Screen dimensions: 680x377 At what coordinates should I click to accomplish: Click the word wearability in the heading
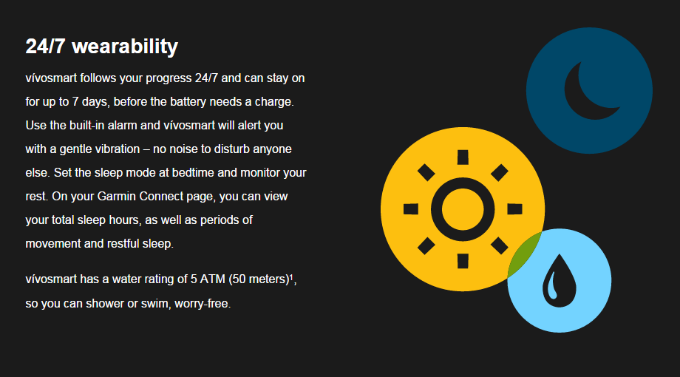tap(125, 47)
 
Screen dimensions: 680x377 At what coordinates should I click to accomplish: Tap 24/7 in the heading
tap(45, 46)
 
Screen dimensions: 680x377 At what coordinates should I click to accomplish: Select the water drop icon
tap(559, 281)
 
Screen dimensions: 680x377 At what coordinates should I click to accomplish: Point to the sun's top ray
tap(463, 157)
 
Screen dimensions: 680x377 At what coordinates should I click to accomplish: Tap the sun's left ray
tap(411, 209)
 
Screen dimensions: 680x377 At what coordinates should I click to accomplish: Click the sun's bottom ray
tap(463, 261)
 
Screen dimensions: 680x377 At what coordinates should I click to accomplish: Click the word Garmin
tap(116, 197)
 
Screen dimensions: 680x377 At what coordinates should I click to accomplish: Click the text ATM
tap(213, 279)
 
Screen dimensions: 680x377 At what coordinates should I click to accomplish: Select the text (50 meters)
tap(259, 279)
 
